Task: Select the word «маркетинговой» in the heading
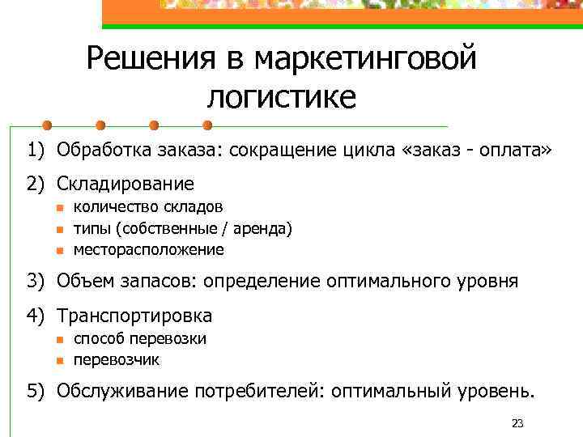tap(366, 59)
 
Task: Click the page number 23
tap(518, 423)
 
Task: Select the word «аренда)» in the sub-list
tap(262, 229)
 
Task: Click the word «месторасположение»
tap(149, 250)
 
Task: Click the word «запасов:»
tap(159, 282)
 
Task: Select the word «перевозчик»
tap(117, 359)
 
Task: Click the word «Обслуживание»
tap(121, 392)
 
